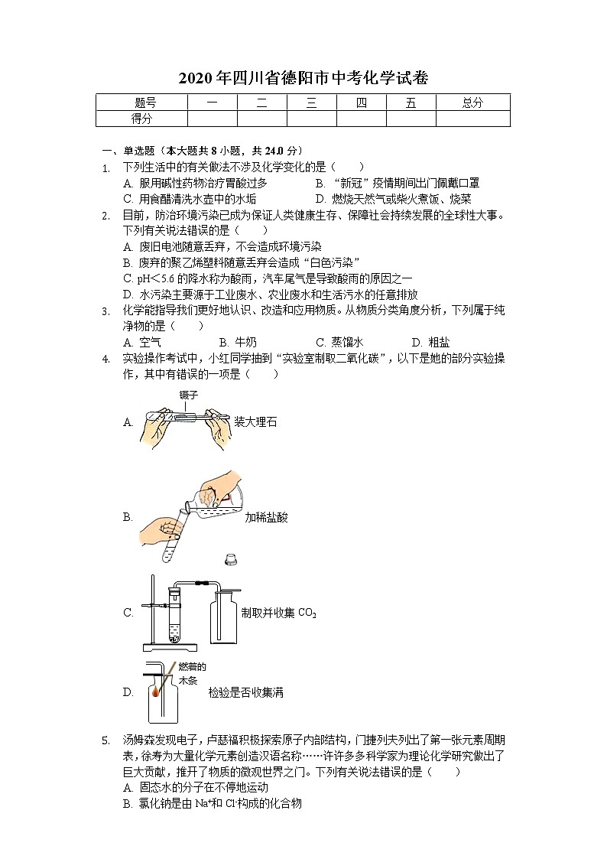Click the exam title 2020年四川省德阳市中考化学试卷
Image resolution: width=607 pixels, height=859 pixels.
click(x=303, y=78)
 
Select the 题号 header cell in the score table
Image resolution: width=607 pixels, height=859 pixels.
click(x=141, y=103)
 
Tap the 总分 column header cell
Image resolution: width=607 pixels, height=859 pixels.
click(x=472, y=103)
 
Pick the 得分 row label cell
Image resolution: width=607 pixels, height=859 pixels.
click(x=141, y=119)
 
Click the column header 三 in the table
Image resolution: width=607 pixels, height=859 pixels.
click(x=311, y=103)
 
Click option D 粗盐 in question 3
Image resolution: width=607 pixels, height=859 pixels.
click(x=428, y=342)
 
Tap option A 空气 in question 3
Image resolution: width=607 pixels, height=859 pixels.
click(x=142, y=342)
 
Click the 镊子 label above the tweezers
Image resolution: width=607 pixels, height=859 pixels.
click(x=189, y=395)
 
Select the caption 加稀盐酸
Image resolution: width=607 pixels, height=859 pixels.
click(x=266, y=518)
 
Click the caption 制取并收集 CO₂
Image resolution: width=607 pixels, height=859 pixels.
click(x=278, y=613)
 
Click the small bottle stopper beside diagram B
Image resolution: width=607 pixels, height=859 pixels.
click(x=229, y=561)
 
